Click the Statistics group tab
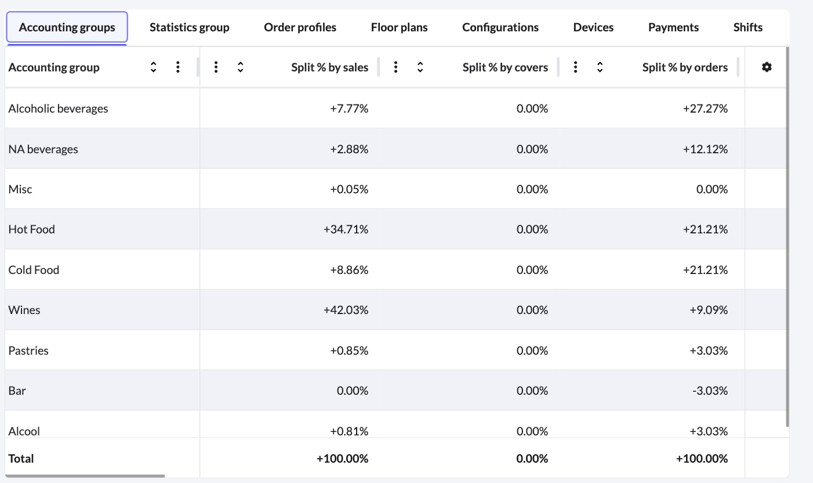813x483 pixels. [x=189, y=27]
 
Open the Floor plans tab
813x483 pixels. [x=399, y=27]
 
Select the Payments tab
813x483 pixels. [x=673, y=27]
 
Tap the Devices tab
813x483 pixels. [x=593, y=27]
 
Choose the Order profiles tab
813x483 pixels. [x=300, y=27]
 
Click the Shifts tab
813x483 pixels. [x=747, y=27]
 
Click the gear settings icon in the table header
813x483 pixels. [x=767, y=67]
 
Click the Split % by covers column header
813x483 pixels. [x=505, y=67]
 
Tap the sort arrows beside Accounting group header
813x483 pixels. [x=153, y=67]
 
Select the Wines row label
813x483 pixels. [x=24, y=310]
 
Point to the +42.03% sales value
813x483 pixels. [x=346, y=310]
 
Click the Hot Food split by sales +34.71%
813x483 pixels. [x=346, y=229]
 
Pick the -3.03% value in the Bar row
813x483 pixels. [x=710, y=391]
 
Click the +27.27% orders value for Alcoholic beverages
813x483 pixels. [x=705, y=109]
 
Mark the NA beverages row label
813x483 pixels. [x=43, y=149]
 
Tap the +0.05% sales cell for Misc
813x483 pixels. [x=349, y=189]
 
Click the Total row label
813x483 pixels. [x=21, y=459]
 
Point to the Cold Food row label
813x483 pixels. [x=34, y=270]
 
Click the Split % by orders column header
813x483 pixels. [x=685, y=67]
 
